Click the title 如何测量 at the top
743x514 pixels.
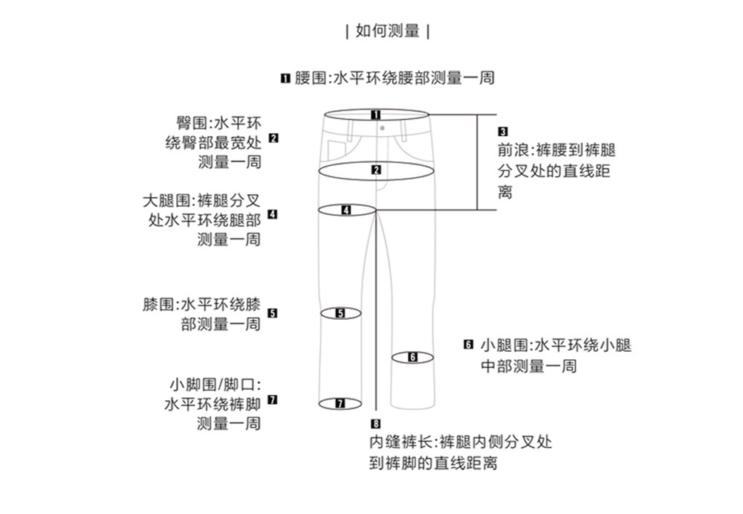[x=388, y=31]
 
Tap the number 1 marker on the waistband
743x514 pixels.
[x=376, y=115]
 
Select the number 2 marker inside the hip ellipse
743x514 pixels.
[x=376, y=170]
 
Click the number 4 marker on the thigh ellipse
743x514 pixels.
[x=345, y=210]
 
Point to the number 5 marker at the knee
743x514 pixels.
[x=340, y=313]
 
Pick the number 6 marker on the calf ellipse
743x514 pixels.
[x=413, y=357]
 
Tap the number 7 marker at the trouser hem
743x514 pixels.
[x=340, y=404]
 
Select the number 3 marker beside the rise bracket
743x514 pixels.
[x=502, y=132]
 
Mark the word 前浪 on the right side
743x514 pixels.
[x=513, y=150]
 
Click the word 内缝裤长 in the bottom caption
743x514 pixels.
[x=400, y=442]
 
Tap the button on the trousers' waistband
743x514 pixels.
[x=381, y=128]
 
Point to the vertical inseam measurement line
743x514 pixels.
[x=377, y=312]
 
